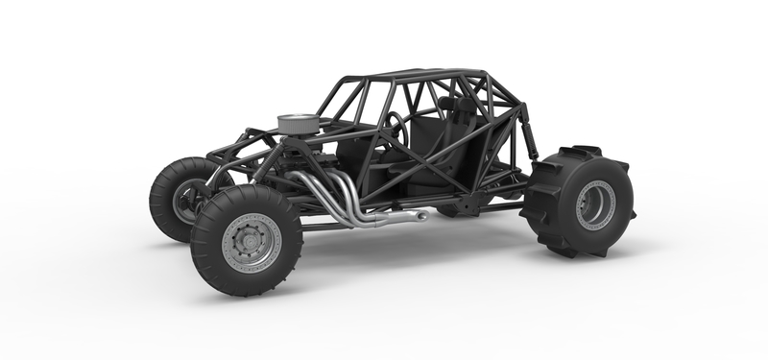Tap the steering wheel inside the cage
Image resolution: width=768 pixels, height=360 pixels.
[x=395, y=129]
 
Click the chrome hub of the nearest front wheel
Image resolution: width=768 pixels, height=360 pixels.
[x=252, y=242]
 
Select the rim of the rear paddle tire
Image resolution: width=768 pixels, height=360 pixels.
[x=595, y=203]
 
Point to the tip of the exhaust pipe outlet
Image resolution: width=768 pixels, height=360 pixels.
[x=422, y=215]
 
